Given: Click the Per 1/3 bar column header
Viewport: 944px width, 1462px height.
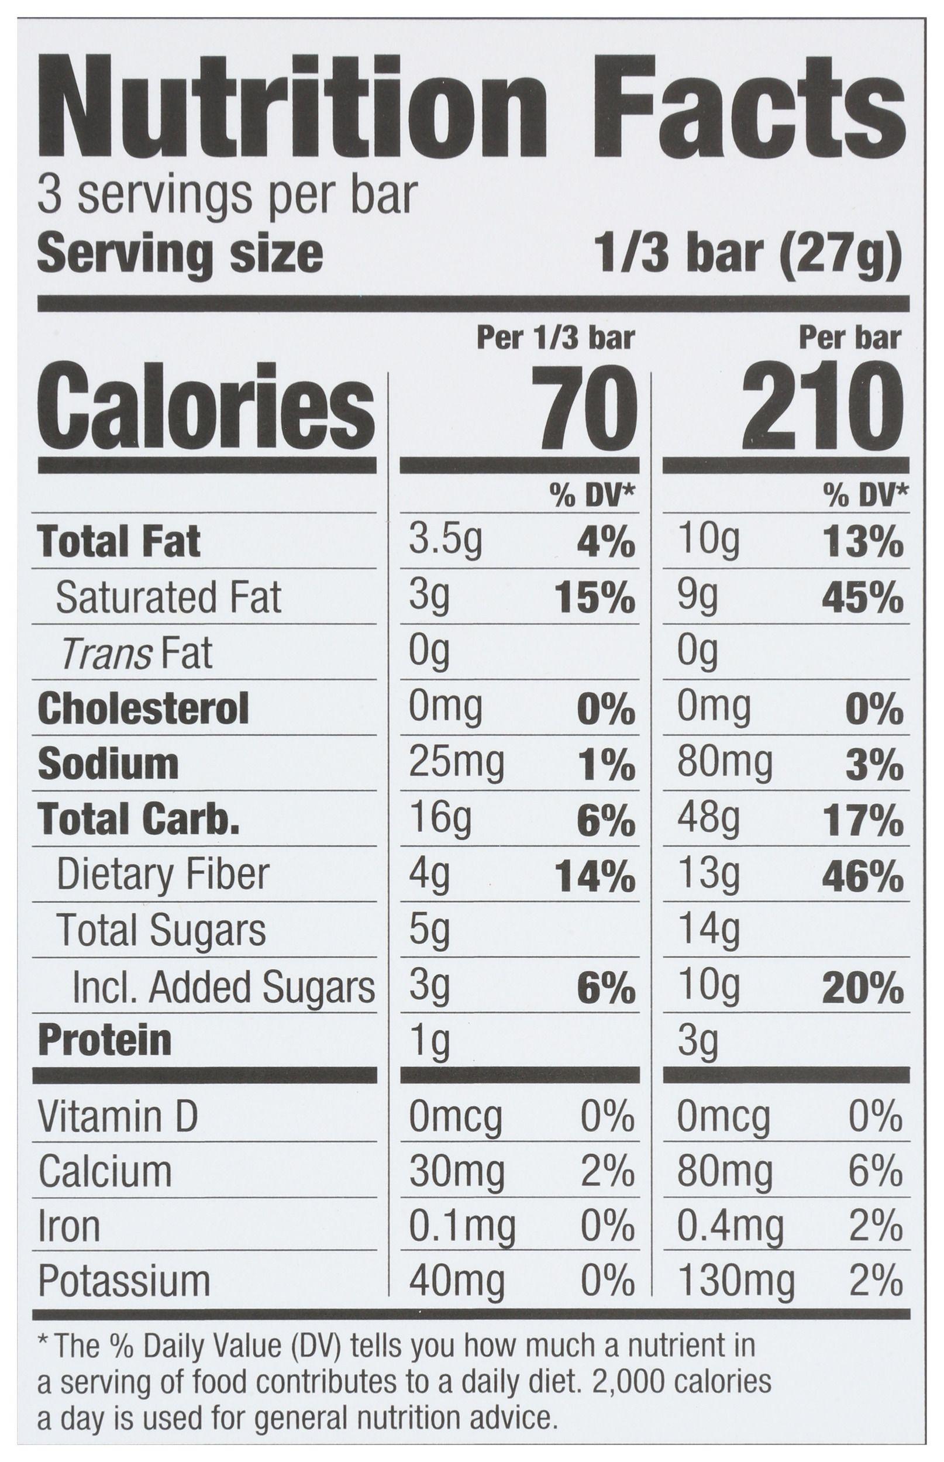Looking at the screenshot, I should coord(556,338).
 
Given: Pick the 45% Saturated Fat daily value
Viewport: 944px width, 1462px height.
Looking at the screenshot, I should coord(862,599).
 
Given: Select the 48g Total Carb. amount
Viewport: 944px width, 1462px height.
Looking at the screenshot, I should coord(709,820).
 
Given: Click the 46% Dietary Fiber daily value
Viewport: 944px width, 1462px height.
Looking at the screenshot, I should coord(862,876).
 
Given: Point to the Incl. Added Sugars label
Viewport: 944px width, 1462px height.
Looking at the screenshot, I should coord(223,988).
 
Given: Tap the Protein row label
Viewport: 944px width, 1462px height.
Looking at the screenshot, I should coord(105,1041).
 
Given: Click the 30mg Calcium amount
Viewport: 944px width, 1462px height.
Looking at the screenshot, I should coord(457,1172).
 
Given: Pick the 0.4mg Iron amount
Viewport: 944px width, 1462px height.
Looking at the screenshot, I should coord(730,1227).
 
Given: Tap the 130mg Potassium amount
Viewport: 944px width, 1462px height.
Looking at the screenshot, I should coord(736,1282).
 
